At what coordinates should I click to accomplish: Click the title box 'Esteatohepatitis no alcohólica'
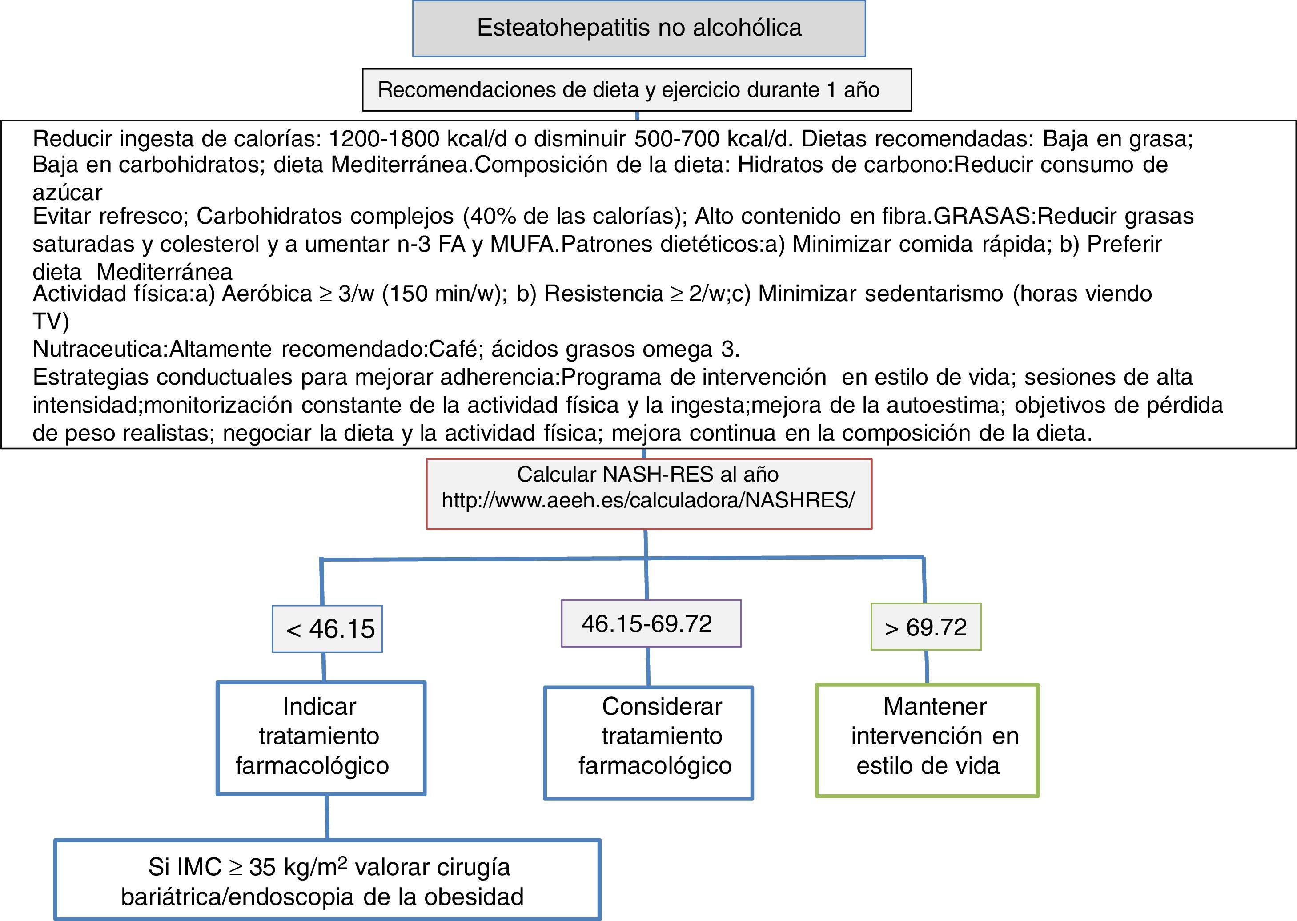point(639,28)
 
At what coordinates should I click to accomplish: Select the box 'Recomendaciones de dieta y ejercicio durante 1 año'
point(637,89)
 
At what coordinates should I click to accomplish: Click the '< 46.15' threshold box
point(327,629)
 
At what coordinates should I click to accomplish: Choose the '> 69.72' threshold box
point(926,627)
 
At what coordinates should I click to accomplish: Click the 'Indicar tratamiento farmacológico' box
point(321,737)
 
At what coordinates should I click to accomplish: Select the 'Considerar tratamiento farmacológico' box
point(648,743)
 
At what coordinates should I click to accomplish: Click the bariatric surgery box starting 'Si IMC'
point(327,881)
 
